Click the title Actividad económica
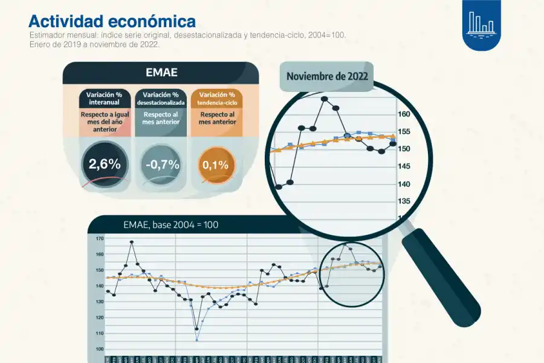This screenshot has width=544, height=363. tap(112, 21)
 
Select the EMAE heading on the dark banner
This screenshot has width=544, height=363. tap(161, 73)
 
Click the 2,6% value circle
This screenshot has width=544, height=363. tap(105, 163)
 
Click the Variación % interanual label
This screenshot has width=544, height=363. tap(105, 98)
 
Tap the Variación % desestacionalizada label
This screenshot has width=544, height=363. tap(161, 98)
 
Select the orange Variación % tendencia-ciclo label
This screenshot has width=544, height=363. tap(216, 98)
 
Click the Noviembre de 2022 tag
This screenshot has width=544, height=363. tap(326, 76)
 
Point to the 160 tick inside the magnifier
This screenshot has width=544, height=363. tap(404, 114)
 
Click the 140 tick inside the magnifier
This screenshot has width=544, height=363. tap(404, 184)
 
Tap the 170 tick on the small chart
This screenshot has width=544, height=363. tap(99, 238)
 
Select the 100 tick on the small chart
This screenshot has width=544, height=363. tap(99, 349)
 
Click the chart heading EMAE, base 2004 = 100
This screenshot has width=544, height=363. tap(170, 224)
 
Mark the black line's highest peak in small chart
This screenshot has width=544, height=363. tap(131, 242)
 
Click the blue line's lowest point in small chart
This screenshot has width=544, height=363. tap(197, 340)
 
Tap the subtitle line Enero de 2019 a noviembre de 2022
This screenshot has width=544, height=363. tap(94, 44)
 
